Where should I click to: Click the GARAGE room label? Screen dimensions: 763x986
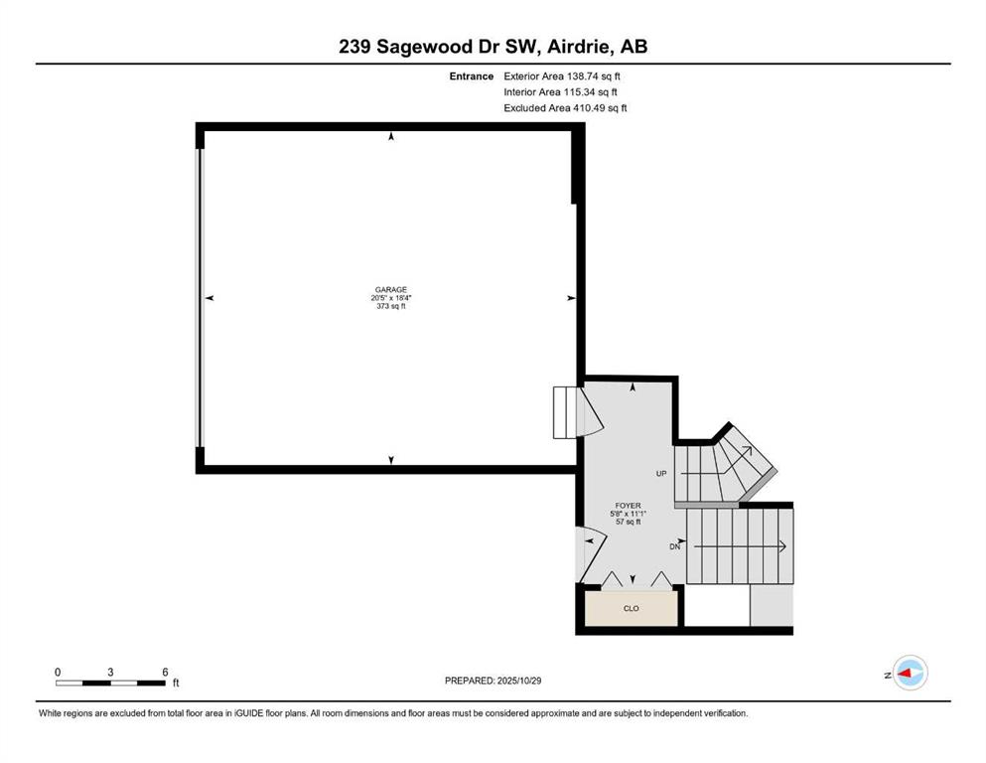pos(390,290)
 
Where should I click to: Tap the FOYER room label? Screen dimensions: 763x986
pos(629,505)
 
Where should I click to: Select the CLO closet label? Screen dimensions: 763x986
pos(631,608)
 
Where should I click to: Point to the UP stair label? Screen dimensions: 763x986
pos(660,473)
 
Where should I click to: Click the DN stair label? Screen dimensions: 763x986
pos(675,546)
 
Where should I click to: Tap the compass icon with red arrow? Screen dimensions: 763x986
pos(909,674)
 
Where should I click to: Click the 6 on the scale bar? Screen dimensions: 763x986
pos(165,671)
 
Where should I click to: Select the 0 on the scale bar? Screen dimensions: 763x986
pos(58,671)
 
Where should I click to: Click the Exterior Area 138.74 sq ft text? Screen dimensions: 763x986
pos(563,76)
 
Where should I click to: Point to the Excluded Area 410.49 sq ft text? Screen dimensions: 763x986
pos(565,107)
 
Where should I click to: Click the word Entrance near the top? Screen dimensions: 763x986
pos(471,76)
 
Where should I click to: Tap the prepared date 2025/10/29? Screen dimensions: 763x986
pos(518,681)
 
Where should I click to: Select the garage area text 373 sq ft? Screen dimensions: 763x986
pos(390,306)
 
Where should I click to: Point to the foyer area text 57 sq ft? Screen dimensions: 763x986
pos(629,522)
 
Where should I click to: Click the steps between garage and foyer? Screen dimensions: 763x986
pos(564,412)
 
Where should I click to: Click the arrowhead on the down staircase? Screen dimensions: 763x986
pos(783,545)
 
